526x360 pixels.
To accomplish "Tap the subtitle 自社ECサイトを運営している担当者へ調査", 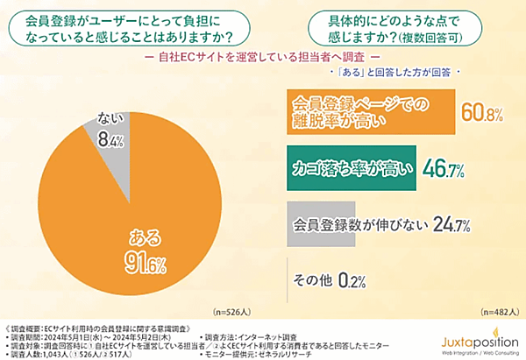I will point(262,58).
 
